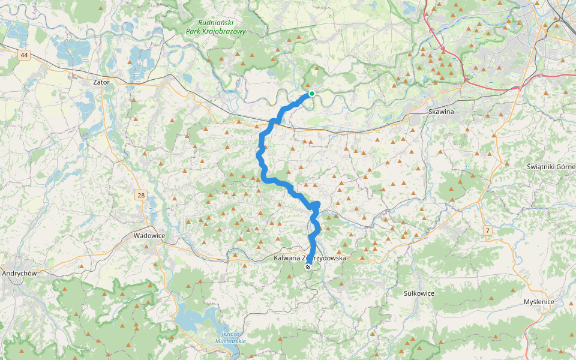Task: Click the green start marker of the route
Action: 312,93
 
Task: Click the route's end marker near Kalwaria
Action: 308,267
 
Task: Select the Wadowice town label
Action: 149,236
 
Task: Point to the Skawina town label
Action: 442,112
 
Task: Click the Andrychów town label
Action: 20,273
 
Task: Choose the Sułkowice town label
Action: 419,293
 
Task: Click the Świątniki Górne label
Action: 550,166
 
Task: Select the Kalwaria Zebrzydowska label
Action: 310,257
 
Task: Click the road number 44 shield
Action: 24,55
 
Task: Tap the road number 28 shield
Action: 141,195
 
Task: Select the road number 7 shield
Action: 488,230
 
